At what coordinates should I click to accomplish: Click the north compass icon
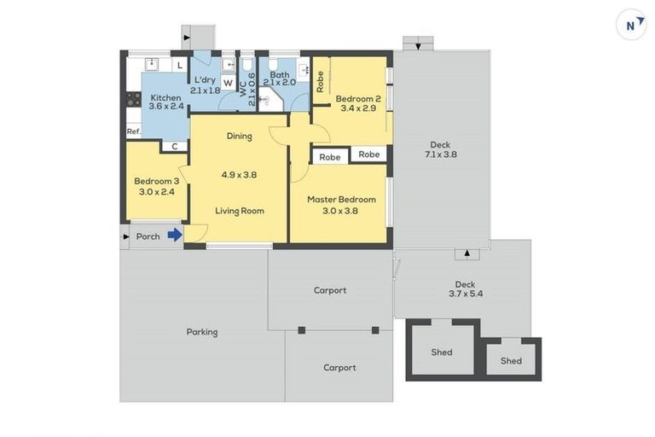pyautogui.click(x=631, y=25)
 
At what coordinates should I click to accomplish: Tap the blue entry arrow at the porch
pyautogui.click(x=175, y=236)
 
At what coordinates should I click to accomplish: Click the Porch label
pyautogui.click(x=148, y=236)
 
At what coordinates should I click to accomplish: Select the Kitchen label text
pyautogui.click(x=165, y=98)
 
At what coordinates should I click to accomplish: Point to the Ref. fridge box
pyautogui.click(x=134, y=131)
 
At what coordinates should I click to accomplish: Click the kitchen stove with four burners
pyautogui.click(x=133, y=100)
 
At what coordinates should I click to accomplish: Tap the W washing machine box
pyautogui.click(x=228, y=84)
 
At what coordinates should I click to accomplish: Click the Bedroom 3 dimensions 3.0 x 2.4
pyautogui.click(x=157, y=192)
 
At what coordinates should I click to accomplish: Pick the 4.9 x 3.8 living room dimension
pyautogui.click(x=239, y=174)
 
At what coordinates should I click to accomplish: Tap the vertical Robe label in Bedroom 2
pyautogui.click(x=321, y=80)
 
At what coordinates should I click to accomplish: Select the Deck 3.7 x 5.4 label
pyautogui.click(x=465, y=289)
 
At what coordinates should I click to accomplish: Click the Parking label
pyautogui.click(x=202, y=332)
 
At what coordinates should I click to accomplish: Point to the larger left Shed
pyautogui.click(x=441, y=351)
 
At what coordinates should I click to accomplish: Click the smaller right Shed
pyautogui.click(x=511, y=359)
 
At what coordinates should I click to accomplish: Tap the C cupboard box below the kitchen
pyautogui.click(x=175, y=147)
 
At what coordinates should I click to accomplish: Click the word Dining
pyautogui.click(x=239, y=136)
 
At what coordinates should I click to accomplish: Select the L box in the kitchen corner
pyautogui.click(x=180, y=65)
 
